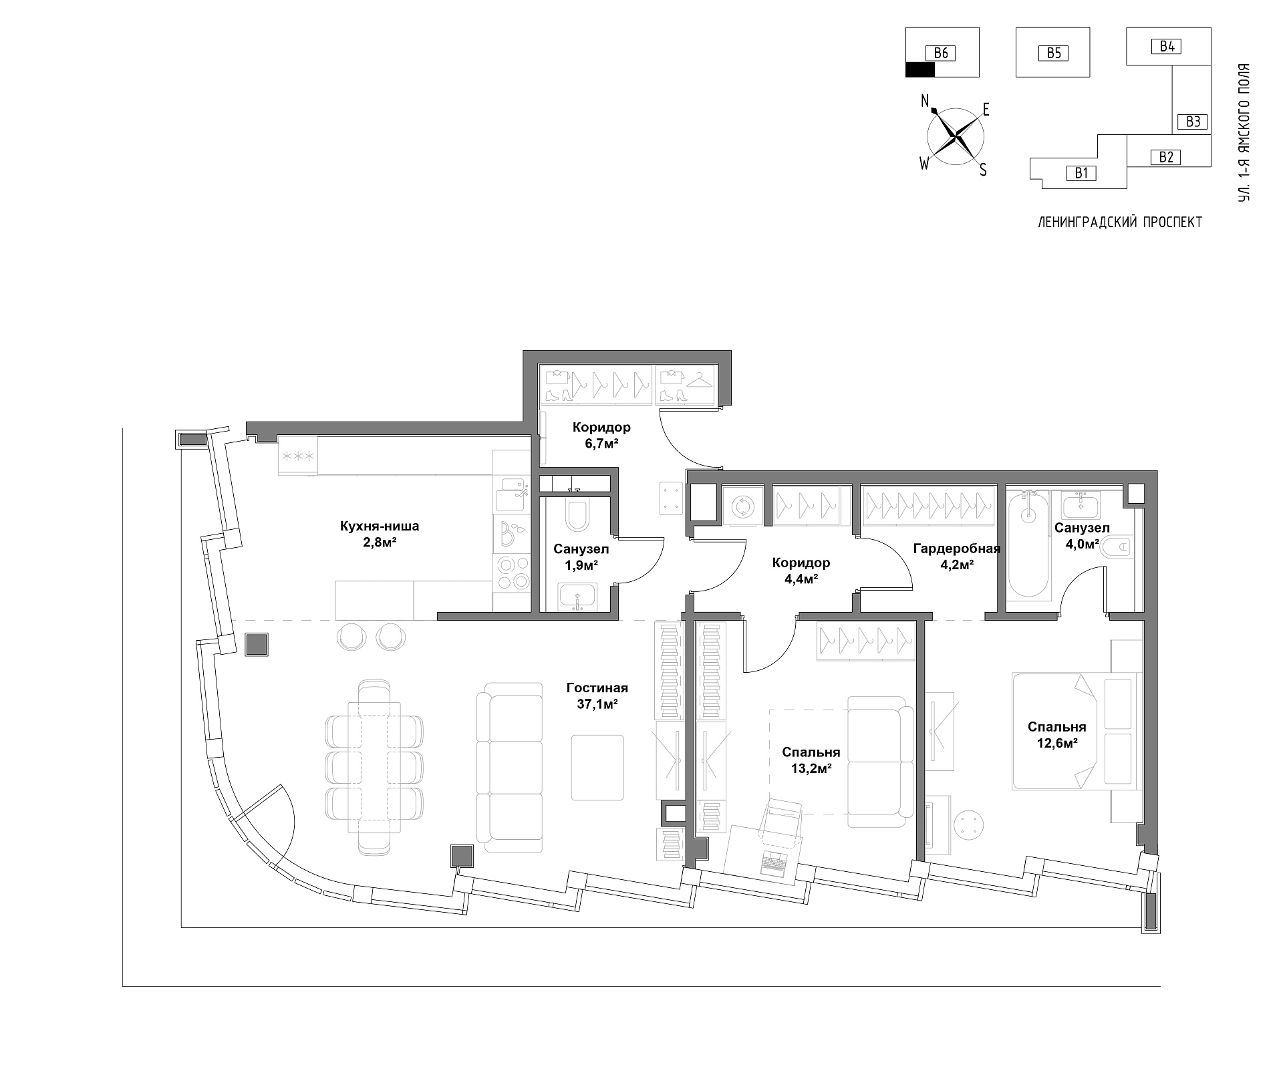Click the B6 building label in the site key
pyautogui.click(x=941, y=53)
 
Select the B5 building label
pyautogui.click(x=1054, y=53)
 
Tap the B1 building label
pyautogui.click(x=1082, y=173)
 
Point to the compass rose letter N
pyautogui.click(x=925, y=101)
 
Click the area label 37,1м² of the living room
pyautogui.click(x=597, y=703)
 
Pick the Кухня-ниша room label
pyautogui.click(x=380, y=526)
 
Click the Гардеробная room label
pyautogui.click(x=957, y=549)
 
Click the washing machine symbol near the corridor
pyautogui.click(x=741, y=506)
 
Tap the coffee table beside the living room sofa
pyautogui.click(x=597, y=768)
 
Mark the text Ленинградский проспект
pyautogui.click(x=1120, y=222)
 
